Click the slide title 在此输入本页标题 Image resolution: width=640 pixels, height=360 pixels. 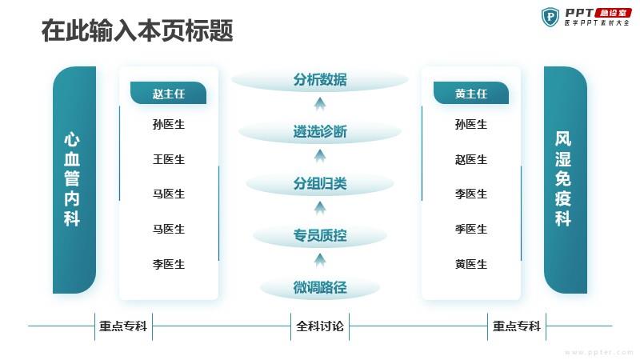pos(137,30)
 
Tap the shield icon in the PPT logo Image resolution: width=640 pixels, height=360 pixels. pos(550,17)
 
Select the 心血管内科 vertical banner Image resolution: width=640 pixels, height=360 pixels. pos(74,180)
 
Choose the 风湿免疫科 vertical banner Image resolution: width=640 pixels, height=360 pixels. pos(566,180)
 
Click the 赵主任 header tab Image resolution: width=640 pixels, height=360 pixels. pos(168,93)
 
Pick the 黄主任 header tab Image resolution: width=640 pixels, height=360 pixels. pos(471,93)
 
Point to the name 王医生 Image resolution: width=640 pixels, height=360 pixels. pos(169,159)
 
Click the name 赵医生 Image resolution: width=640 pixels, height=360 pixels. pos(471,159)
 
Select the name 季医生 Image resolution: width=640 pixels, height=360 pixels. pos(471,229)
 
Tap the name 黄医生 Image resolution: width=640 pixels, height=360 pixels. pos(471,264)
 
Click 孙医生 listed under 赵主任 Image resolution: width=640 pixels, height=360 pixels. pos(169,124)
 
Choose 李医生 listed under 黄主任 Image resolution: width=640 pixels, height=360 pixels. pos(471,194)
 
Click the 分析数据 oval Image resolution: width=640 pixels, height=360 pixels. pos(320,80)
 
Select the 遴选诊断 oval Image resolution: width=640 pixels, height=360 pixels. pos(320,132)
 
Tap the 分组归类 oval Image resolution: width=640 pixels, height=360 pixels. pos(320,184)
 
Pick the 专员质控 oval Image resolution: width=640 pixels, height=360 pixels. pos(320,235)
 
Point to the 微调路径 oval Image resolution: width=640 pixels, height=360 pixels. pos(320,287)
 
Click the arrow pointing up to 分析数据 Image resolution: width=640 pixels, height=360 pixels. pos(320,104)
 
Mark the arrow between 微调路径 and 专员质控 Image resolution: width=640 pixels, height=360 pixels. pos(320,260)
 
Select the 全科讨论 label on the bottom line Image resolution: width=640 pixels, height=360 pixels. pos(320,326)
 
